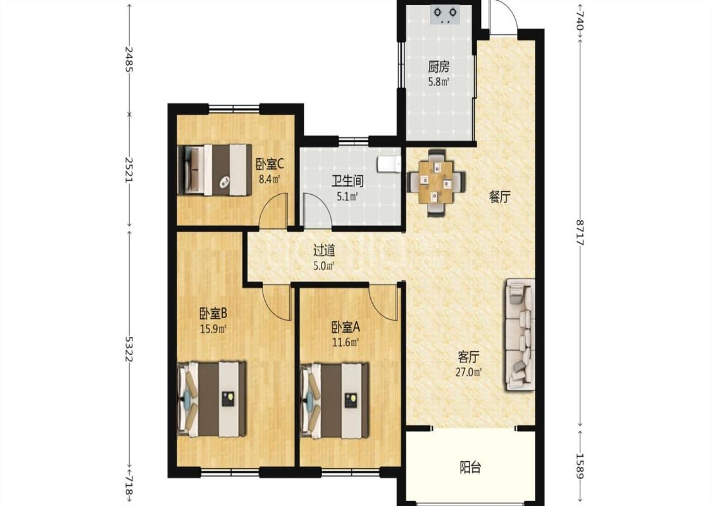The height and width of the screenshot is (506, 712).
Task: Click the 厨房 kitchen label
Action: [439, 67]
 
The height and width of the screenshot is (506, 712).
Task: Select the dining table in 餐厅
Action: [436, 182]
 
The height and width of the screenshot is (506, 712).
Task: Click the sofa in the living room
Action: [518, 335]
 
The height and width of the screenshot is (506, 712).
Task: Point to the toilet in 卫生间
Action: [389, 164]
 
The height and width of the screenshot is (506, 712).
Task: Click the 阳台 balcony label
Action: [470, 467]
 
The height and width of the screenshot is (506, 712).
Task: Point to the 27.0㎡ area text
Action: [468, 373]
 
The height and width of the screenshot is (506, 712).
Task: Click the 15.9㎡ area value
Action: [213, 328]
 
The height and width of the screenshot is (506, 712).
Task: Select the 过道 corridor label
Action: [324, 250]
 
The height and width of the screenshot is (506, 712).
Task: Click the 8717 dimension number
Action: [580, 232]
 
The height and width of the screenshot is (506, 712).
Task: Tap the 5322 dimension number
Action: [129, 349]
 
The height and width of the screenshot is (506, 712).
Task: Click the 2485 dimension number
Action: [129, 59]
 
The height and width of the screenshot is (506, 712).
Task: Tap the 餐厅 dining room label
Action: [499, 197]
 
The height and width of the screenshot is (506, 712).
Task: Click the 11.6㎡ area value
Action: [346, 342]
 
